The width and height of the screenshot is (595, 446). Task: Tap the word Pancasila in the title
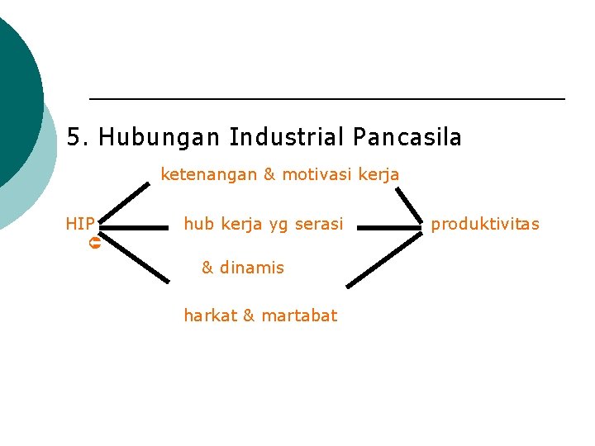(407, 137)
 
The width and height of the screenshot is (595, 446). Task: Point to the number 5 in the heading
(74, 137)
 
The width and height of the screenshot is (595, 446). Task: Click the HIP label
(80, 224)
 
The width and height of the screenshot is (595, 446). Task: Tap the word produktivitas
(485, 224)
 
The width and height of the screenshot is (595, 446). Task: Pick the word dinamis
(252, 268)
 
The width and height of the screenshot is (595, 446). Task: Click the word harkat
(210, 316)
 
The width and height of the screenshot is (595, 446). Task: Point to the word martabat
(298, 316)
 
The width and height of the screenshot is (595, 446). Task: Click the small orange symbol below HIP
(94, 244)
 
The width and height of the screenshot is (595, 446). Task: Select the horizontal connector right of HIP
(133, 225)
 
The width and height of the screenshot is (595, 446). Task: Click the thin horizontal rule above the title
(326, 99)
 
